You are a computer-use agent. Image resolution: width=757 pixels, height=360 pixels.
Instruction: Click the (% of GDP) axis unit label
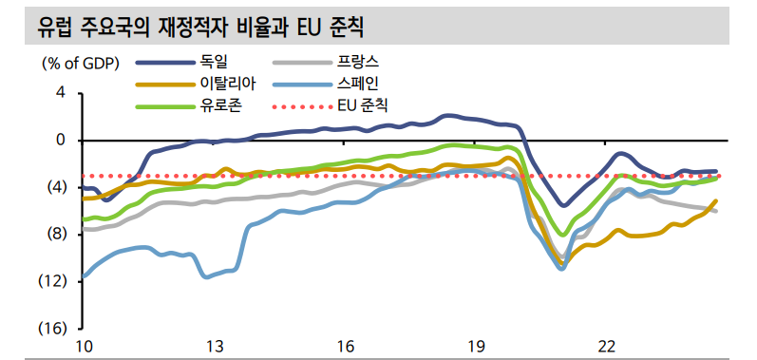tap(79, 64)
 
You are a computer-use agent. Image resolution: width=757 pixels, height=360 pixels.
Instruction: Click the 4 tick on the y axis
tap(61, 93)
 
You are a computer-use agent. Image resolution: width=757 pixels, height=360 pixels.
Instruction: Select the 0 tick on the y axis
tap(61, 140)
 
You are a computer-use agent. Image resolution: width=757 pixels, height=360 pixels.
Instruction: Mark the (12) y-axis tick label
tap(52, 281)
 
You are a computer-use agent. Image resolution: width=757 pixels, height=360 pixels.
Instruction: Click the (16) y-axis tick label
tap(52, 328)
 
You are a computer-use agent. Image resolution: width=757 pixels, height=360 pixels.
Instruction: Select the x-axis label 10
tap(85, 345)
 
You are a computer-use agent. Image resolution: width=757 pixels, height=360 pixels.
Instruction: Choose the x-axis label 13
tap(215, 345)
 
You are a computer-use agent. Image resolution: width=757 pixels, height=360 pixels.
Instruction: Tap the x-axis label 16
tap(346, 345)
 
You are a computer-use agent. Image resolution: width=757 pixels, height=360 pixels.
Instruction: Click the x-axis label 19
tap(477, 345)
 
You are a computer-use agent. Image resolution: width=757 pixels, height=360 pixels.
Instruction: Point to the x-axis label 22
tap(608, 345)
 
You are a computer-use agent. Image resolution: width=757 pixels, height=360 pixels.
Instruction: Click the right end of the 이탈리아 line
tap(715, 200)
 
